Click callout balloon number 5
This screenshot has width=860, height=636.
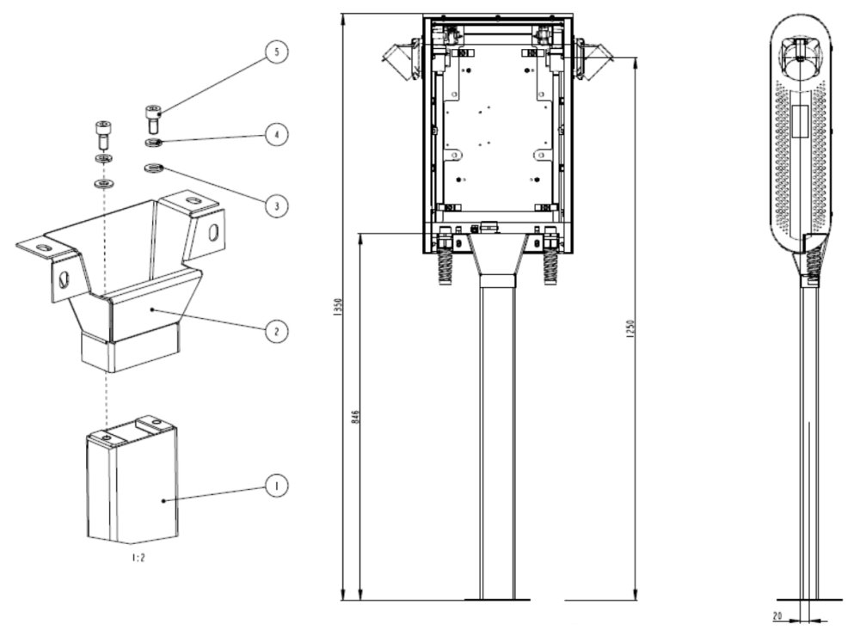click(x=275, y=52)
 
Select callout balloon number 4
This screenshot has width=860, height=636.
click(x=275, y=134)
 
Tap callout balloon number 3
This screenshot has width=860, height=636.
click(x=275, y=205)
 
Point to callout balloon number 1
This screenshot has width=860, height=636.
click(x=275, y=486)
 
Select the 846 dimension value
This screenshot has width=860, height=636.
click(x=356, y=417)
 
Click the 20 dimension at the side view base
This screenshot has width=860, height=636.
click(x=777, y=615)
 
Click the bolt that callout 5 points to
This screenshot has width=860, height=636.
click(x=153, y=114)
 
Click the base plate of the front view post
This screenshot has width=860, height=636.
click(x=498, y=598)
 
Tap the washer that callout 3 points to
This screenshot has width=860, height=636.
click(x=154, y=167)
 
